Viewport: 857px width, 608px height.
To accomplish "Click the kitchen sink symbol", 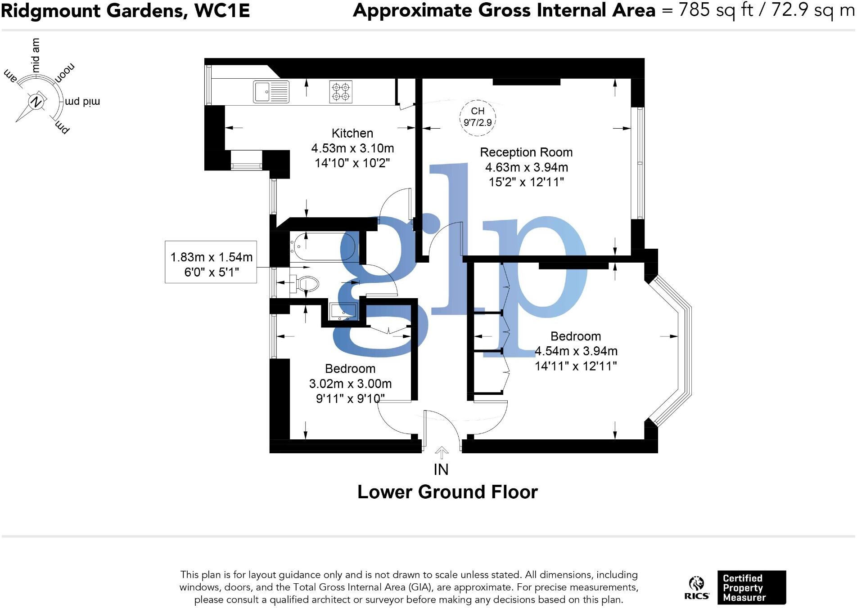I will [x=271, y=92].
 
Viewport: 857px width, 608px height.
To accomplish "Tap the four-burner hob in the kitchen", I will [x=341, y=92].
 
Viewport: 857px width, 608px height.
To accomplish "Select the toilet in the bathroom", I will [x=306, y=283].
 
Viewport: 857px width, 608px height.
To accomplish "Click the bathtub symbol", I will [x=322, y=247].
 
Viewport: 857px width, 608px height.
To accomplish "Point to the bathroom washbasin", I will [x=343, y=311].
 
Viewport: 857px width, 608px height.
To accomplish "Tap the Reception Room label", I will [x=526, y=152].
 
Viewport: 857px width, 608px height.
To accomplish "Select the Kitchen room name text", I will [x=352, y=133].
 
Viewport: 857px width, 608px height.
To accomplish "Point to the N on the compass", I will [x=36, y=102].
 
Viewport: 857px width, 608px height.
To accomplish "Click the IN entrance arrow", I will [x=442, y=452].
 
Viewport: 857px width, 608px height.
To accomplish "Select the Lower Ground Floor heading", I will [x=447, y=492].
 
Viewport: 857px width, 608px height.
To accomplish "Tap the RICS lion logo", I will [x=696, y=585].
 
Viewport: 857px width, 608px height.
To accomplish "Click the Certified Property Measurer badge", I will [x=751, y=587].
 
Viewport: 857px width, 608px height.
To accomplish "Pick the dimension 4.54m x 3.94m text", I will [x=576, y=351].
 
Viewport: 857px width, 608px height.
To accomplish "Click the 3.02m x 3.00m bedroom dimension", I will [x=350, y=384].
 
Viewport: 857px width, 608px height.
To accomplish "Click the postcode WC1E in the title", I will [x=222, y=10].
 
